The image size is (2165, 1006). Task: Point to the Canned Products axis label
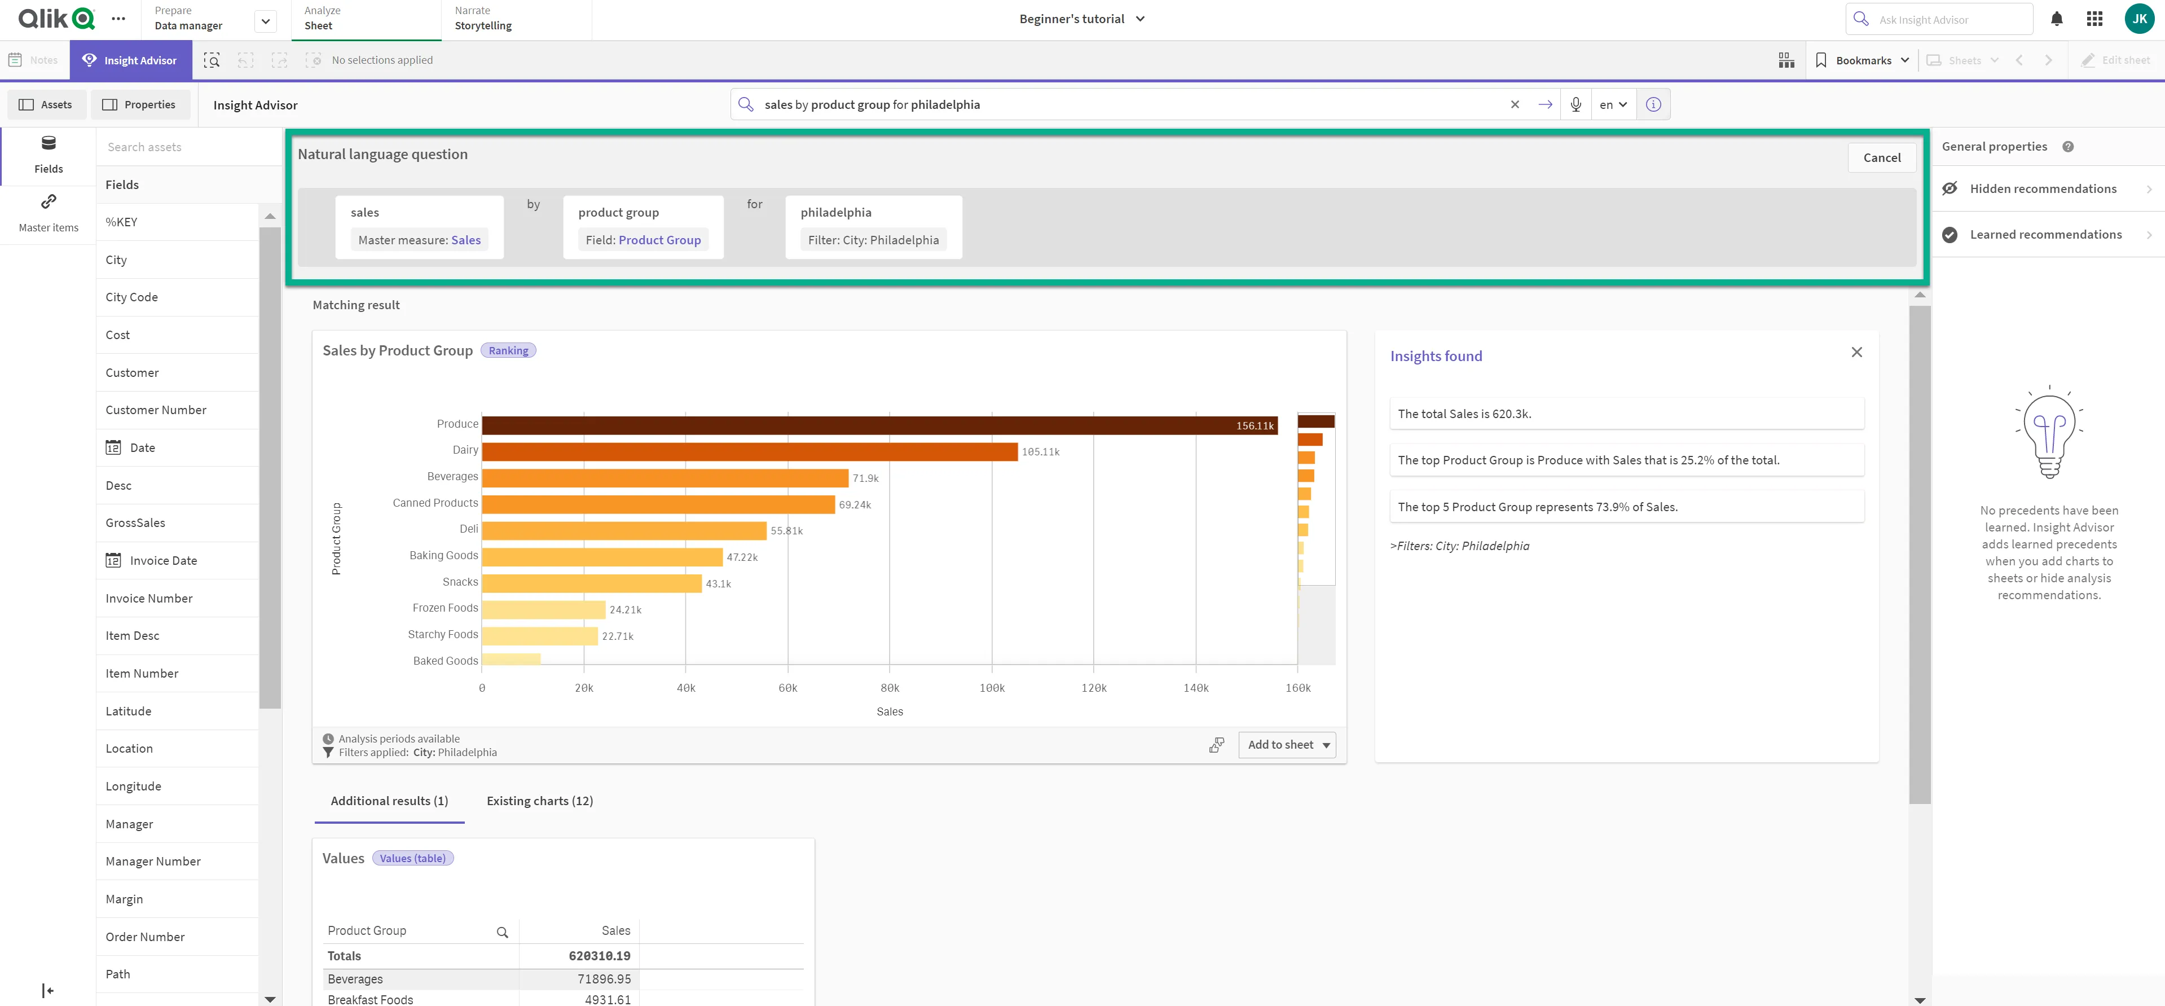[x=435, y=503]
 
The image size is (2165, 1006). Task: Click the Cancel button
[x=1881, y=158]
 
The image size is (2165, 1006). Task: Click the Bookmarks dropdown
[x=1863, y=60]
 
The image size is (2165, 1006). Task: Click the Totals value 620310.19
[x=599, y=956]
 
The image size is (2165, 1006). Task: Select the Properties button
[x=139, y=105]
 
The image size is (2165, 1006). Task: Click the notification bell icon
[x=2057, y=19]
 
